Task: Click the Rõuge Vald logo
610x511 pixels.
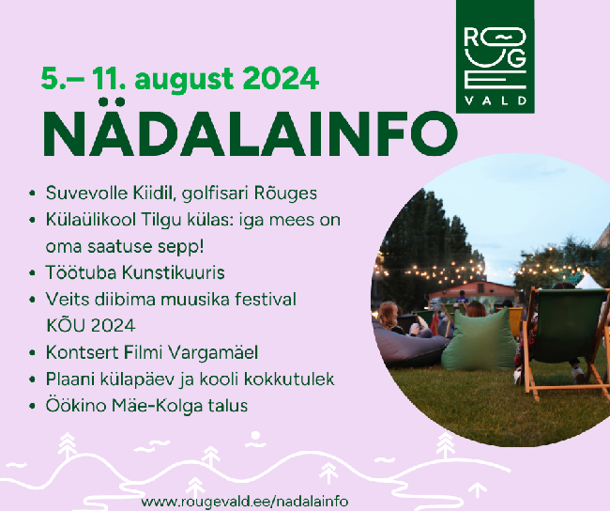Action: coord(495,56)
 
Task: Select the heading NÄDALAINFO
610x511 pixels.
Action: coord(250,130)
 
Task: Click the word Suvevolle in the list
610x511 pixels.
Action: coord(86,193)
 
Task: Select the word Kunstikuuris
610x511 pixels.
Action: coord(174,272)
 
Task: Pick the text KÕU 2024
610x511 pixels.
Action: coord(91,326)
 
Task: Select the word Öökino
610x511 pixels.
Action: coord(76,406)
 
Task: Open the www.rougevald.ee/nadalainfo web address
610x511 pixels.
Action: coord(244,501)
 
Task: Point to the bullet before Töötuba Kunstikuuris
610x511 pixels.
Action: coord(32,273)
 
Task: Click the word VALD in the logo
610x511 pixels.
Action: coord(496,101)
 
